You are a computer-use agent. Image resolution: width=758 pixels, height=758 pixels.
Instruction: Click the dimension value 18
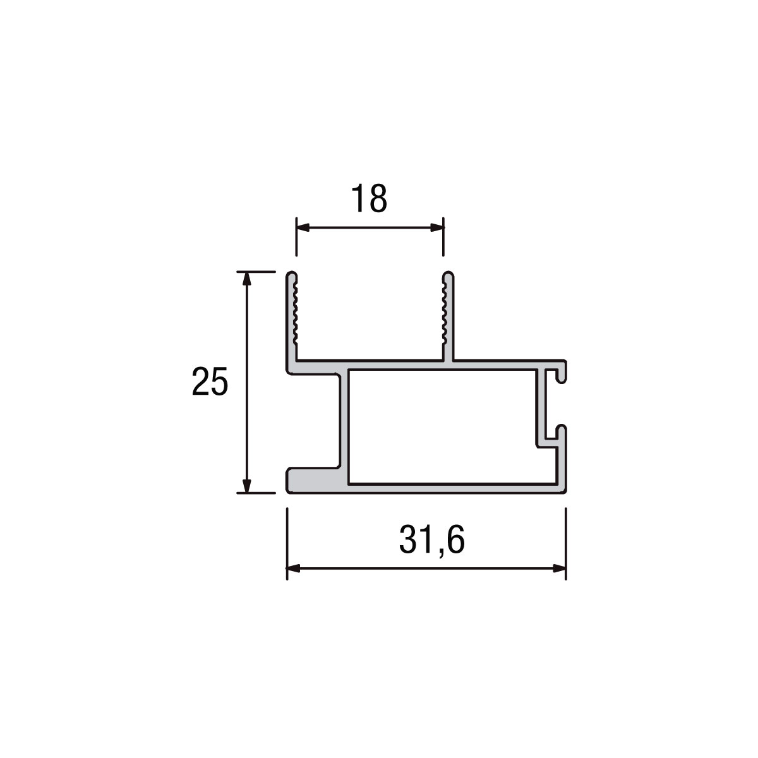(x=369, y=198)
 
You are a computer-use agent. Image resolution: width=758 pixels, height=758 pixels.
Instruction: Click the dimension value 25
(x=210, y=381)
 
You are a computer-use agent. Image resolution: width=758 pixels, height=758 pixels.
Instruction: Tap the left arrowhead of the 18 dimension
(x=303, y=227)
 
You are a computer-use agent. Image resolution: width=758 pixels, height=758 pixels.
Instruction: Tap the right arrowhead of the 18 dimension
(x=437, y=227)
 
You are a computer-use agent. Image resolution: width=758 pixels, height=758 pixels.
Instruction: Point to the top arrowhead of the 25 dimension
(x=246, y=279)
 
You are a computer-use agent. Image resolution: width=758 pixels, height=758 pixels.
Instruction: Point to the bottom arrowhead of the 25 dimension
(x=246, y=485)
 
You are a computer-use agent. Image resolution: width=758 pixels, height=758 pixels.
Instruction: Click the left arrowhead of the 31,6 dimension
(x=294, y=568)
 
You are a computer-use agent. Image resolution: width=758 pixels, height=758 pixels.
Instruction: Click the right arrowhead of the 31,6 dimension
(x=559, y=568)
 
